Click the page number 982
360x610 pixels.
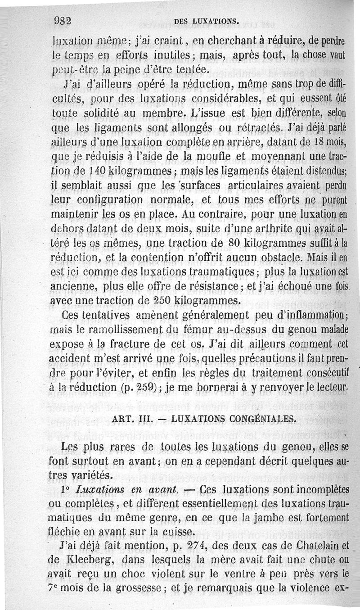(63, 20)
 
